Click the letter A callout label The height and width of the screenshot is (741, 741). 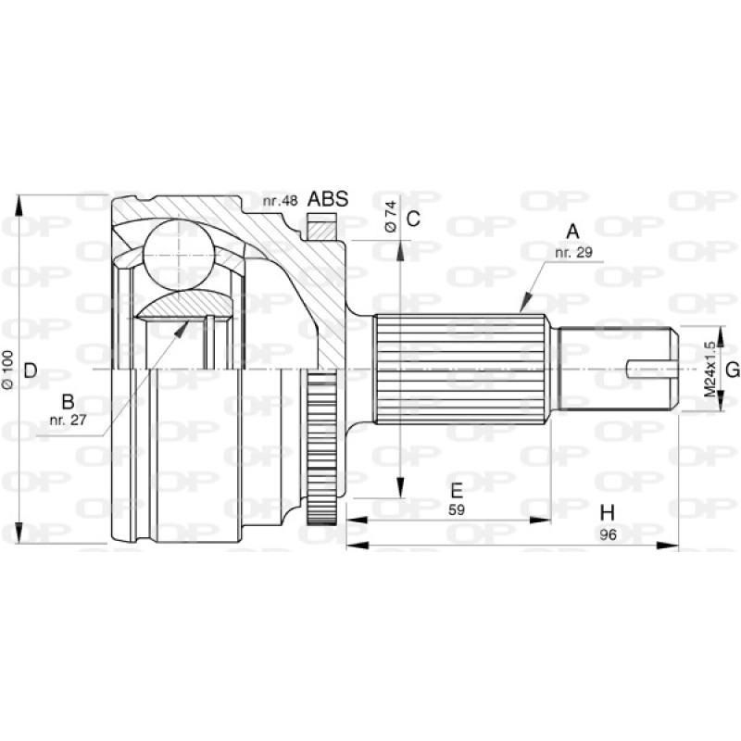(x=572, y=231)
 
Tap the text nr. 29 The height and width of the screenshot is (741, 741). (x=572, y=251)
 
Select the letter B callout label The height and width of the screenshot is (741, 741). (x=67, y=402)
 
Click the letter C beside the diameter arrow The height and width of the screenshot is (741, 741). (x=414, y=220)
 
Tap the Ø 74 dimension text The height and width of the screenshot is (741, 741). (x=391, y=215)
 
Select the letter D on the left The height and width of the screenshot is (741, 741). (x=30, y=370)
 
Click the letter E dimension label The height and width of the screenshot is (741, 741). (x=456, y=490)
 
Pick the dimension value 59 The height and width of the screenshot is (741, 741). (x=456, y=509)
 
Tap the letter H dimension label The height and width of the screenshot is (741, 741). (x=607, y=513)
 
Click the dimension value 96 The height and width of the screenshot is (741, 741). (x=607, y=534)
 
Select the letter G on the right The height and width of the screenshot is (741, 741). (x=732, y=370)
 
